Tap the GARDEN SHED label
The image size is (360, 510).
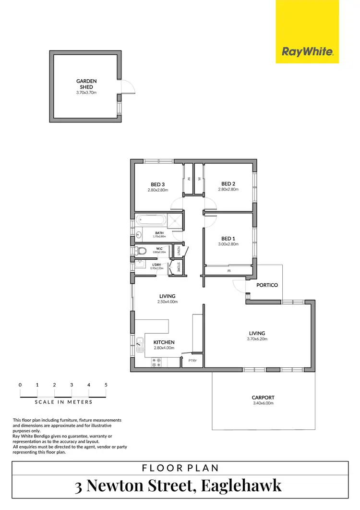86,84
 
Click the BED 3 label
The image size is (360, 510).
158,184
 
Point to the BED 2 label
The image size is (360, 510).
228,183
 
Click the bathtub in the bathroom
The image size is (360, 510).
150,221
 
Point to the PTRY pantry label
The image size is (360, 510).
192,361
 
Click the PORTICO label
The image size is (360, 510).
267,285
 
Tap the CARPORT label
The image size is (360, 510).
263,398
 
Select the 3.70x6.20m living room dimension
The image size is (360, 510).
257,339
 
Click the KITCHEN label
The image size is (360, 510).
164,342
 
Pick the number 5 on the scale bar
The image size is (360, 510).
106,385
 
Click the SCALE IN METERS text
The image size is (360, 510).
63,402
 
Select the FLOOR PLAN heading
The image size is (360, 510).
180,467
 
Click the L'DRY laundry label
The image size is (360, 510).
156,265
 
